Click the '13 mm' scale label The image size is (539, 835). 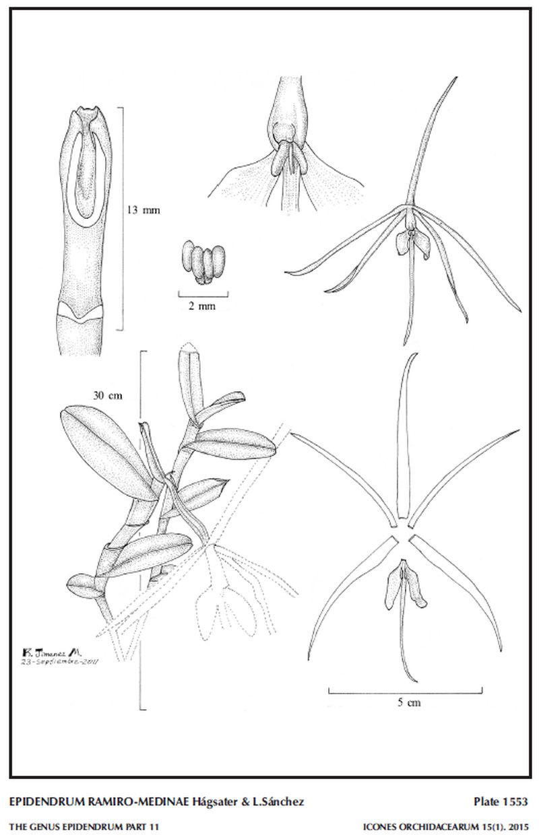(144, 210)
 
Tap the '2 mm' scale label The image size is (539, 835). (202, 306)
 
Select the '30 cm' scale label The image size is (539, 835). (107, 395)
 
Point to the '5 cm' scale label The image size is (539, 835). (409, 702)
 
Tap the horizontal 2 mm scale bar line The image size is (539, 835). (203, 297)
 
